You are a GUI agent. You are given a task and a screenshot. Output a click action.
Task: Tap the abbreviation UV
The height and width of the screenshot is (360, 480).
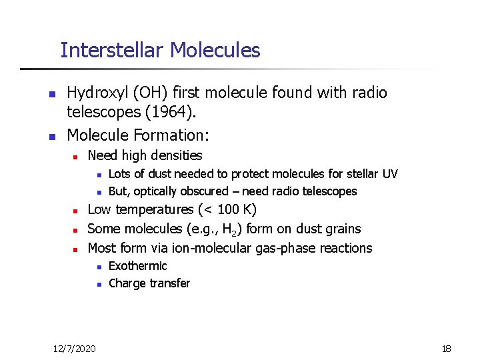(x=390, y=174)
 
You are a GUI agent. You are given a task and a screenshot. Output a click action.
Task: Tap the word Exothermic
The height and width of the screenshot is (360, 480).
(x=137, y=266)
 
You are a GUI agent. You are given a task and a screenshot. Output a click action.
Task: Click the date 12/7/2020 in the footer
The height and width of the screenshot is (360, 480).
(x=74, y=348)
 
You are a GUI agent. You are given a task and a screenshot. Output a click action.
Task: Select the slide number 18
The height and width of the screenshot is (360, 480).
(x=447, y=348)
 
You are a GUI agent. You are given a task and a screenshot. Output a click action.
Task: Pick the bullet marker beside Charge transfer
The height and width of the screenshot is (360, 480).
(x=97, y=284)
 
